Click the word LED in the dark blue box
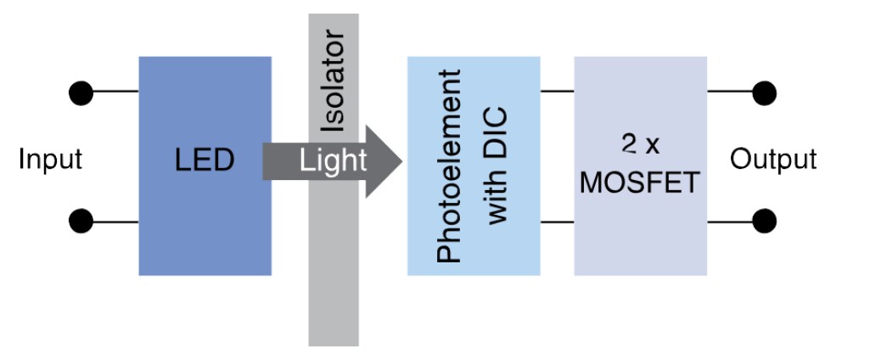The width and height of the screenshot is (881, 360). [x=205, y=160]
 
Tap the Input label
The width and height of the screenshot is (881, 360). [x=50, y=160]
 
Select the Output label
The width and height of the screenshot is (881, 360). [x=773, y=160]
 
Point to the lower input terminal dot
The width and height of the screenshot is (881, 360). [x=81, y=222]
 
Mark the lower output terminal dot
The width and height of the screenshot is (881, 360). [x=764, y=222]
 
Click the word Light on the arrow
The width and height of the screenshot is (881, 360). [x=334, y=160]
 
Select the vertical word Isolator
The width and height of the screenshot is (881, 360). [x=334, y=82]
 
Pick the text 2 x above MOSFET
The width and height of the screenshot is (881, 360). [x=640, y=145]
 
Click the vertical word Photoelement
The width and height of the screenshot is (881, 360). [x=450, y=166]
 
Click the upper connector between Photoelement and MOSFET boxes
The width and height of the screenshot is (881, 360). [x=557, y=90]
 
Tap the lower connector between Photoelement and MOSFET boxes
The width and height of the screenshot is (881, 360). [x=557, y=222]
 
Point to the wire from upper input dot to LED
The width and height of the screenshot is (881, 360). [x=115, y=90]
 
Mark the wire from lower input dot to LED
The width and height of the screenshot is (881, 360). [x=115, y=222]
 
